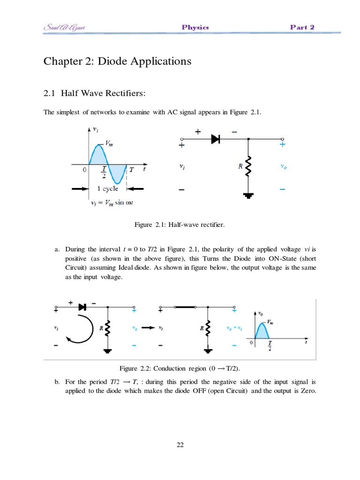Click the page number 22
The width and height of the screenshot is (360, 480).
(180, 445)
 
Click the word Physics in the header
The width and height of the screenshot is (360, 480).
(195, 27)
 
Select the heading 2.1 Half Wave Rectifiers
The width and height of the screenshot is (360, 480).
(95, 94)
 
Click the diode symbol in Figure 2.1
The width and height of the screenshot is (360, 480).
(216, 139)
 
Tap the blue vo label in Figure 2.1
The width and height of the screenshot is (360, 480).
(283, 166)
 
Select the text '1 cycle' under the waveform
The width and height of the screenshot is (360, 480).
(108, 189)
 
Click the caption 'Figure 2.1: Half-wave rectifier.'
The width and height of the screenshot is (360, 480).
(180, 225)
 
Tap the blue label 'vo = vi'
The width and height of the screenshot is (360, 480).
(233, 329)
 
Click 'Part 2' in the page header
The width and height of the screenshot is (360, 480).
(302, 27)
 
